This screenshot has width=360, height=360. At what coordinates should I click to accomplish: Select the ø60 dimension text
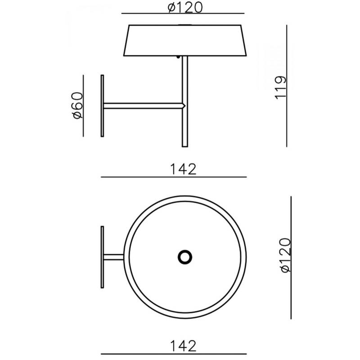[x=77, y=105]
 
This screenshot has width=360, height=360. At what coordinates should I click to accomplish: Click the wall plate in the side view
[x=103, y=105]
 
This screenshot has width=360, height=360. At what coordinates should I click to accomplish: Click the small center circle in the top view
[x=185, y=257]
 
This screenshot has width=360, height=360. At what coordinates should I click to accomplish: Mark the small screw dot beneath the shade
[x=178, y=57]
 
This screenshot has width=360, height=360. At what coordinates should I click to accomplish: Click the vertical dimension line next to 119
[x=287, y=86]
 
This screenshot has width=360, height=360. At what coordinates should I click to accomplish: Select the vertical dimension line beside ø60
[x=84, y=105]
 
